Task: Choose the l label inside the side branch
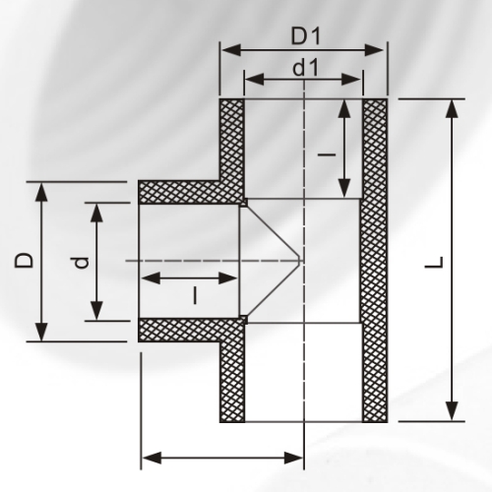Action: pos(196,293)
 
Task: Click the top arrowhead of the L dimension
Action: pos(452,105)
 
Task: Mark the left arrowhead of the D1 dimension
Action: pos(225,46)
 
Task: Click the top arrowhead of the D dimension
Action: pos(40,189)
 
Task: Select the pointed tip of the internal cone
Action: pos(300,261)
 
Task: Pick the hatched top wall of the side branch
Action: pos(187,190)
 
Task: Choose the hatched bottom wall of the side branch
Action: pos(187,331)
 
